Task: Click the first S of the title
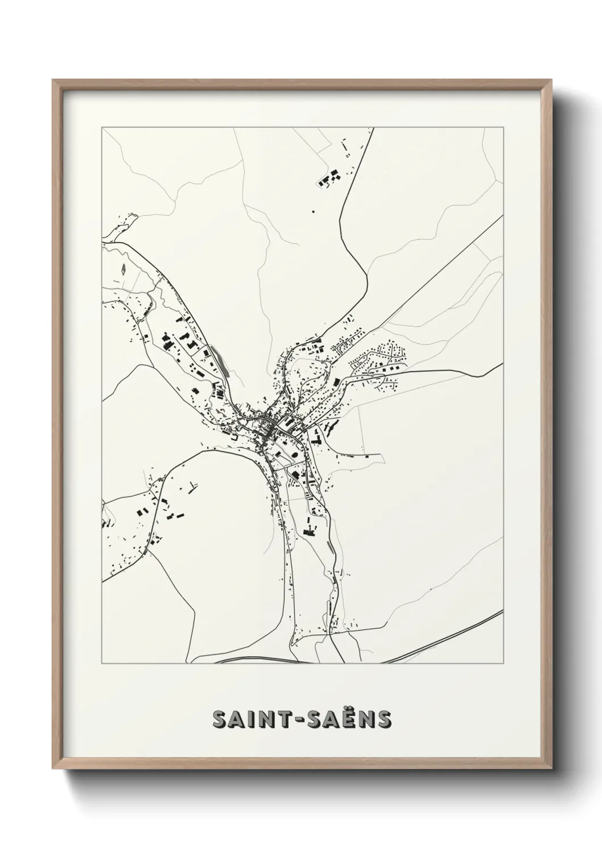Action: pos(219,719)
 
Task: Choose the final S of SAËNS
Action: pos(385,719)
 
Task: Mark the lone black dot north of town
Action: pos(312,211)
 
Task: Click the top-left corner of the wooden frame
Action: pos(53,80)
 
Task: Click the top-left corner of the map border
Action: pos(102,128)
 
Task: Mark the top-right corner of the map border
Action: pos(503,128)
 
